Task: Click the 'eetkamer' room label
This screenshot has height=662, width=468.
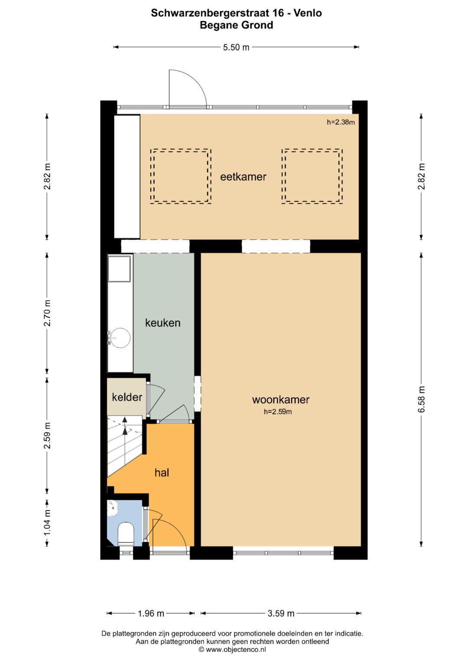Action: tap(243, 177)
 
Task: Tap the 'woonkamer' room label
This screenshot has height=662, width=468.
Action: tap(281, 400)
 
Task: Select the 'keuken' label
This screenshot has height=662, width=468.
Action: tap(163, 323)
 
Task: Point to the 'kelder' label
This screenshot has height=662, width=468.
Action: tap(127, 397)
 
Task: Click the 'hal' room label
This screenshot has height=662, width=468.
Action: tap(162, 473)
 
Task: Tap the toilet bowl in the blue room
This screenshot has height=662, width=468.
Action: tap(126, 533)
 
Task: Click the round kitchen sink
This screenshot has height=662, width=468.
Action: tap(120, 337)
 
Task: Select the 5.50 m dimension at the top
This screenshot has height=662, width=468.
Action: tap(236, 47)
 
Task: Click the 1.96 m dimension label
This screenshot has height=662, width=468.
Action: tap(151, 613)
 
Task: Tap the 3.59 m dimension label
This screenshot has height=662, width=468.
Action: tap(281, 613)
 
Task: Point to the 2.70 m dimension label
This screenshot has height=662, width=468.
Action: tap(47, 313)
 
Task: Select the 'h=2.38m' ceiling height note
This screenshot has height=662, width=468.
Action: tap(341, 122)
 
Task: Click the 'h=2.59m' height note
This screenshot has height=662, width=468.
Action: tap(278, 412)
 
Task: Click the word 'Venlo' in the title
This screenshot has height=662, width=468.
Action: tap(308, 13)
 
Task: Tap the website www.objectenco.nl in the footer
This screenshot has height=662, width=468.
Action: tap(236, 649)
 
